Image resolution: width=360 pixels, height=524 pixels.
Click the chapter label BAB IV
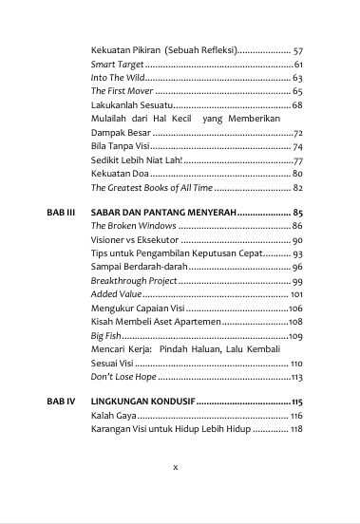tap(61, 402)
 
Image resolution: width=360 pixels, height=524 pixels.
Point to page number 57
tap(297, 49)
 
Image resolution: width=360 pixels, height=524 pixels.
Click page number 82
tap(297, 188)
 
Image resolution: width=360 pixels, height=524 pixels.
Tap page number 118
tap(295, 429)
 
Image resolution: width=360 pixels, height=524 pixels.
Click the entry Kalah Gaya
tap(111, 416)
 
